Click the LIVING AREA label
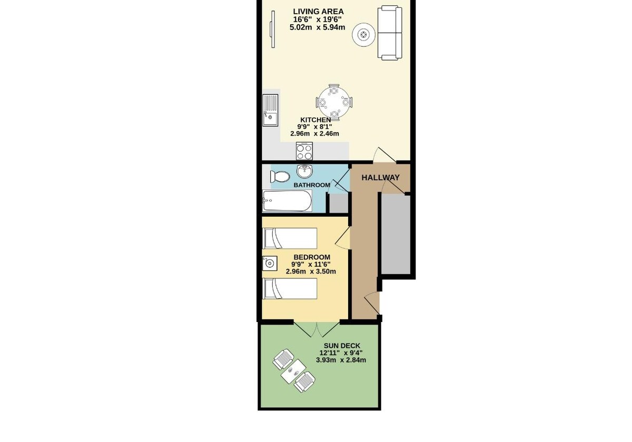click(318, 12)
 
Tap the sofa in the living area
click(390, 33)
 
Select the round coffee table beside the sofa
click(364, 35)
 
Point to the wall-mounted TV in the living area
click(273, 29)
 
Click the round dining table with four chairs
click(334, 102)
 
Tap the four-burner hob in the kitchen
click(304, 152)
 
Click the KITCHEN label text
click(315, 120)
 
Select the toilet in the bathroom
click(280, 177)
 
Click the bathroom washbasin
click(305, 171)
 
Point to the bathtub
click(287, 200)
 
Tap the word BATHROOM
click(312, 185)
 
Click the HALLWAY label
click(381, 178)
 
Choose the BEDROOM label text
click(312, 257)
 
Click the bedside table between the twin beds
click(270, 263)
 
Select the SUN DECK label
click(342, 346)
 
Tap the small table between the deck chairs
click(294, 371)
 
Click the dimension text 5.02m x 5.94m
click(318, 27)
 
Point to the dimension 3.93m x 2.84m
click(341, 360)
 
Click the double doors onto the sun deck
click(317, 330)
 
